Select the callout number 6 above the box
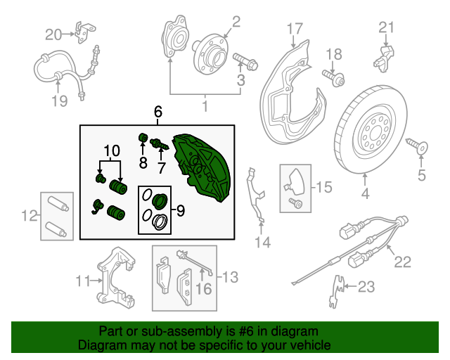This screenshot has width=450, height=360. click(x=157, y=111)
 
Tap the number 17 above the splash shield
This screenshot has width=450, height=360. click(x=295, y=29)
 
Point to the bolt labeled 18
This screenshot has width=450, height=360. click(x=333, y=77)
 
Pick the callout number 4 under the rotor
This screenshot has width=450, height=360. click(x=365, y=194)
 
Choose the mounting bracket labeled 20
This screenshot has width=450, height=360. click(x=84, y=32)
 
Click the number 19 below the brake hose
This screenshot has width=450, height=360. click(x=60, y=101)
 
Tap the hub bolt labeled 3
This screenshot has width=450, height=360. click(x=245, y=62)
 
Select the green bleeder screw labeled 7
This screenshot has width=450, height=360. click(x=160, y=143)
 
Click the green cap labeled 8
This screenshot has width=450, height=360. click(x=143, y=138)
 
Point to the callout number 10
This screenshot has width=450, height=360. click(x=112, y=150)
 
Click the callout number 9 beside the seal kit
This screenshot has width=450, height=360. click(x=180, y=211)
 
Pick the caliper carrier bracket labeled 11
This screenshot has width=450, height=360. click(x=115, y=277)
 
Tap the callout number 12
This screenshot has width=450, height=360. click(x=30, y=215)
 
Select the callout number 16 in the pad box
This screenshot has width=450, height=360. click(x=203, y=289)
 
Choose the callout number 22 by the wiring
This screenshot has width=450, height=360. click(x=403, y=262)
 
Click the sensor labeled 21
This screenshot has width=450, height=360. click(x=384, y=58)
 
